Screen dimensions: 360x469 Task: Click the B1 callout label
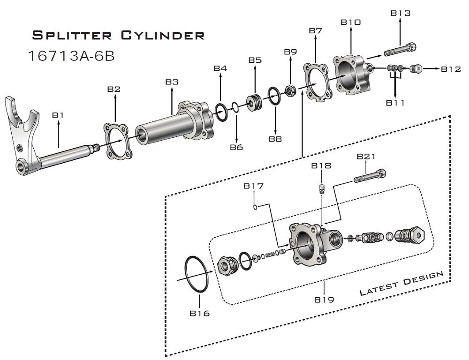(x=58, y=115)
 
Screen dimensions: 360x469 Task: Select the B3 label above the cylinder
(x=172, y=82)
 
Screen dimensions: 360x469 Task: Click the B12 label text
(x=451, y=69)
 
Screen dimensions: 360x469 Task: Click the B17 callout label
(x=253, y=186)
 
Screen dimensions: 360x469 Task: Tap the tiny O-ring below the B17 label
(x=254, y=206)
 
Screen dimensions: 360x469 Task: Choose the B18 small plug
(x=321, y=189)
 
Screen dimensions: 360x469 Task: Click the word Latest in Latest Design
(x=378, y=287)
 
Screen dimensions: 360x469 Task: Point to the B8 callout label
(x=275, y=139)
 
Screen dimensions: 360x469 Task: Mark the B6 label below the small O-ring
(x=236, y=148)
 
